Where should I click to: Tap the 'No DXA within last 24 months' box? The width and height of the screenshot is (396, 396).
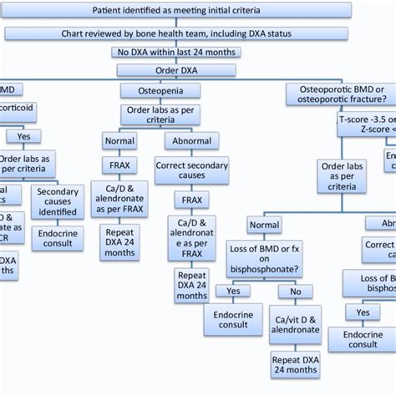click(x=180, y=52)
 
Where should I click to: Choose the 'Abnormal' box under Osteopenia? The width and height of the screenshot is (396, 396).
click(x=192, y=140)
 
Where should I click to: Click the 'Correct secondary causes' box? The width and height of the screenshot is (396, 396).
click(x=191, y=171)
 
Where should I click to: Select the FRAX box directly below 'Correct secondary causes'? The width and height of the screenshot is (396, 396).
click(x=191, y=201)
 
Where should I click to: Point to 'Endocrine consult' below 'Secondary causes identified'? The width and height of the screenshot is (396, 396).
click(x=58, y=238)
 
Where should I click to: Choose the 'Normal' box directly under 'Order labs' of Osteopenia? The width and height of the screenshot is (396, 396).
click(x=119, y=140)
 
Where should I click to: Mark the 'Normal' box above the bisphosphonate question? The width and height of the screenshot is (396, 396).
click(x=265, y=225)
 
